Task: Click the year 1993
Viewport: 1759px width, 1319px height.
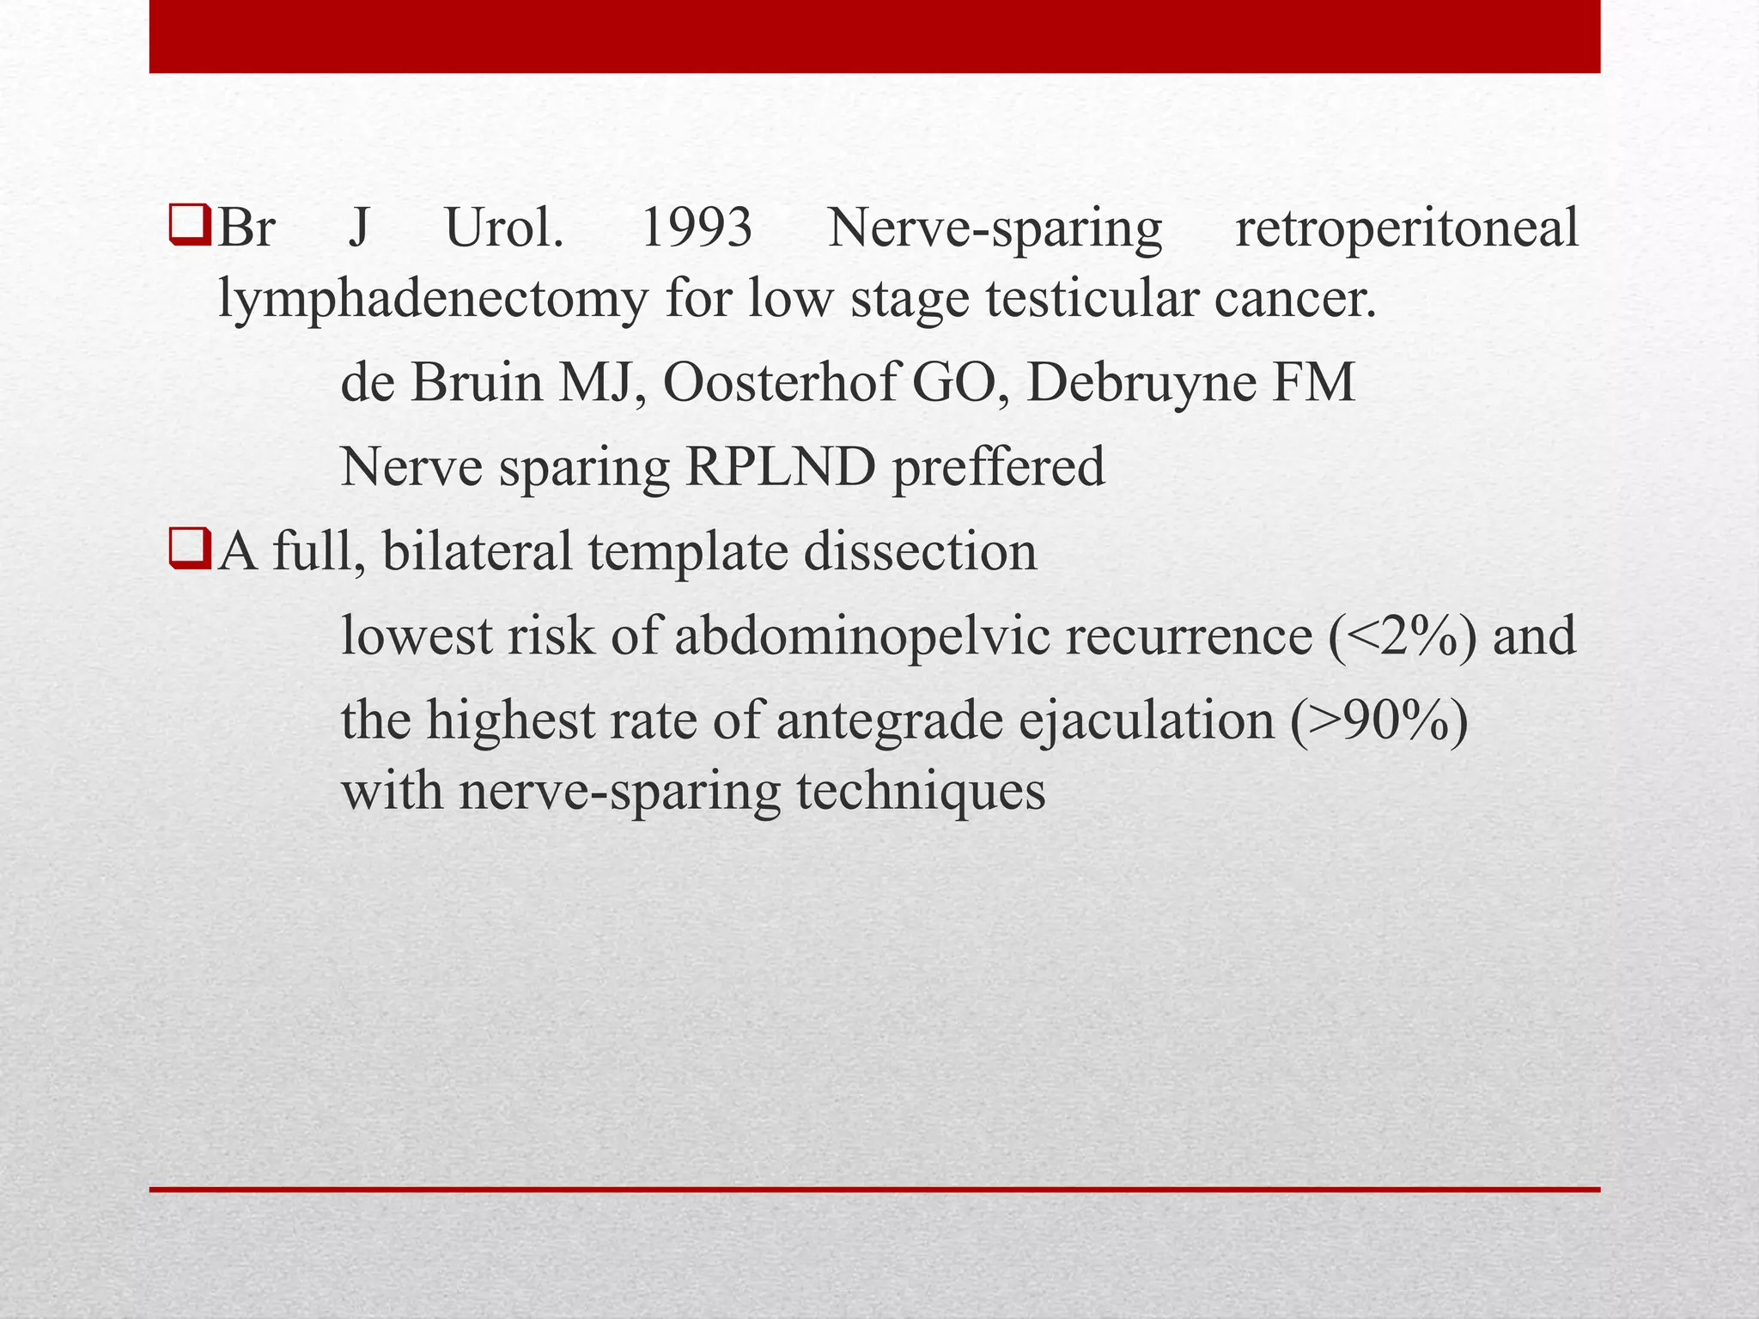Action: pyautogui.click(x=696, y=230)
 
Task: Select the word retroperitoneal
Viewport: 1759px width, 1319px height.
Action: pyautogui.click(x=1406, y=230)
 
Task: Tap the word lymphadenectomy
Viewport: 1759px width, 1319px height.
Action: pyautogui.click(x=433, y=301)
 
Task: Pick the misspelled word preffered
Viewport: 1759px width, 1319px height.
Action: pyautogui.click(x=998, y=468)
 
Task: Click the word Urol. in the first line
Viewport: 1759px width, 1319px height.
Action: pyautogui.click(x=504, y=230)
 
